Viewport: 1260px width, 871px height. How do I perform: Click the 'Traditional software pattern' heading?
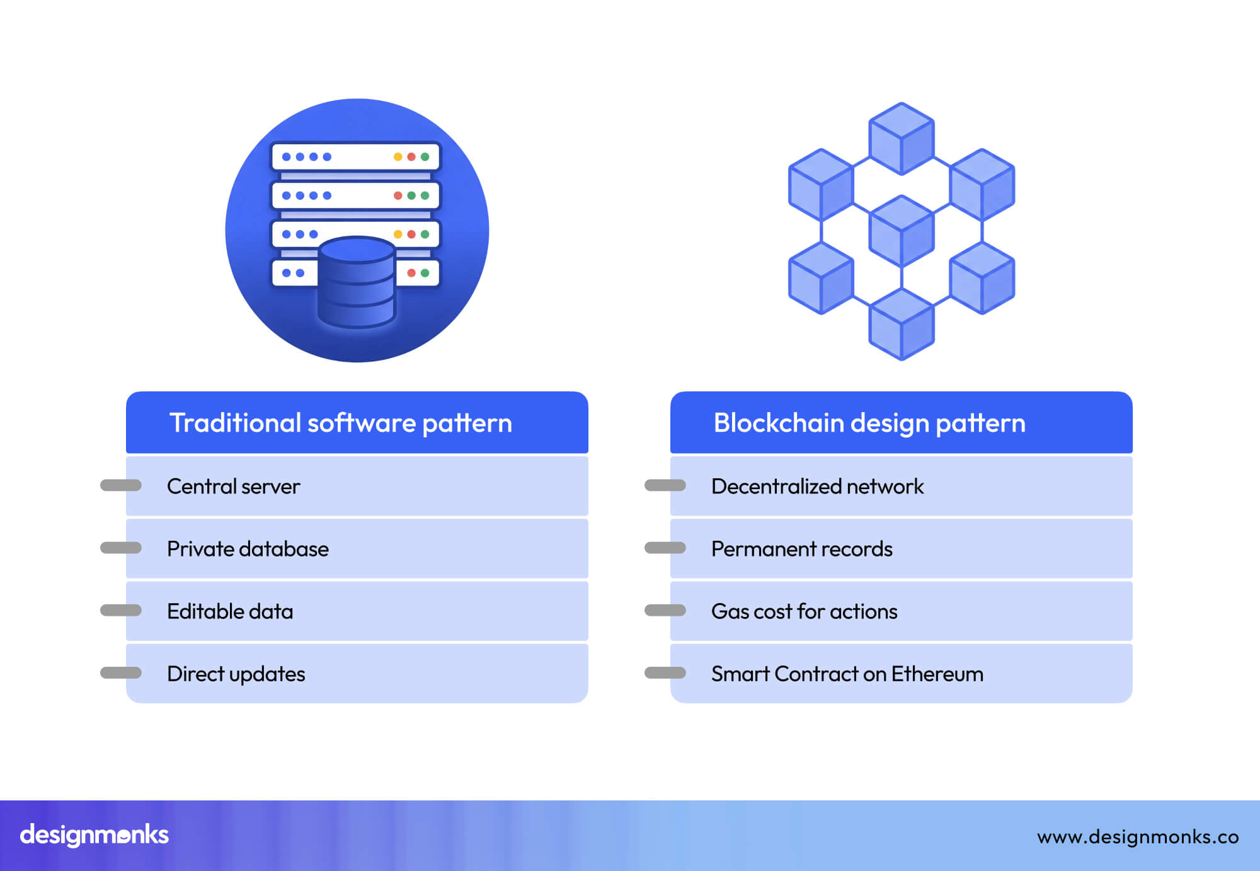coord(340,423)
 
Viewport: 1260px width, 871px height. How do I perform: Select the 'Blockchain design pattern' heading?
coord(869,423)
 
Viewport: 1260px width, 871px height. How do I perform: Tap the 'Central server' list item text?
coord(233,487)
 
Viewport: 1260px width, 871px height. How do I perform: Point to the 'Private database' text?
coord(248,549)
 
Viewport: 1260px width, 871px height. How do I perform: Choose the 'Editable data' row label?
coord(230,611)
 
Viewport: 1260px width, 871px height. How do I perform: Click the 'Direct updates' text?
coord(236,674)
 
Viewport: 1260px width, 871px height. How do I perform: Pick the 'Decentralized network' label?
coord(817,487)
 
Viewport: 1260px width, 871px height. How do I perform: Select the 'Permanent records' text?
coord(801,549)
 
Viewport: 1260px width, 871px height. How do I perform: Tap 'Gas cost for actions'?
coord(804,611)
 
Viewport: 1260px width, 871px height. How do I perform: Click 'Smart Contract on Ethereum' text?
coord(847,674)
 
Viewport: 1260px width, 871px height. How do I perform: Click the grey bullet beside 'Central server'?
coord(121,485)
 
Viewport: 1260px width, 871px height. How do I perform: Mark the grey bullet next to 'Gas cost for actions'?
coord(665,610)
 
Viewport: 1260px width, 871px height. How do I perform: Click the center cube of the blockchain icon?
coord(902,231)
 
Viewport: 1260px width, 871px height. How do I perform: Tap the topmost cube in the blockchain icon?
coord(902,138)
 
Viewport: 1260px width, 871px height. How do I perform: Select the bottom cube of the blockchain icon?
coord(902,324)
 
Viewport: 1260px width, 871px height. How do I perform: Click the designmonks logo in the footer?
coord(94,835)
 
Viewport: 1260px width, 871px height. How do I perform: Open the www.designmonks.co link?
coord(1138,837)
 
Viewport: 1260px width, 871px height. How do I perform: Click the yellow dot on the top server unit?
coord(398,157)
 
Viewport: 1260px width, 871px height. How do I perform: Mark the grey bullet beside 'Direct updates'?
coord(121,673)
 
